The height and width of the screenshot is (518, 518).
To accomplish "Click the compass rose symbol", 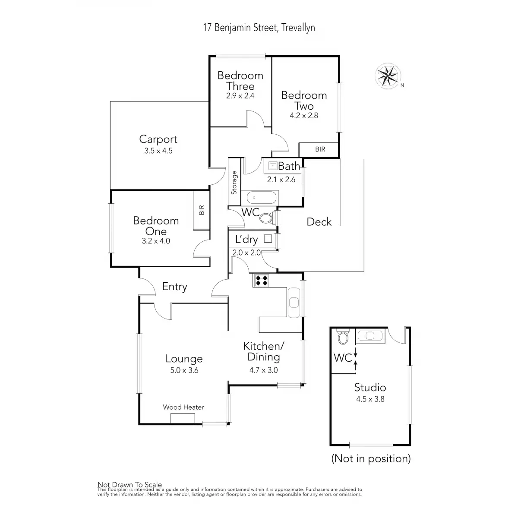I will point(388,76).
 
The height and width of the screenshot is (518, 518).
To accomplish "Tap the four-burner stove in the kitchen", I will point(261,281).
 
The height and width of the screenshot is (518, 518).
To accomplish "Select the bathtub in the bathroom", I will point(261,198).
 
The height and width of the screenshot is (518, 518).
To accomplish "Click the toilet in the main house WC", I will point(266,218).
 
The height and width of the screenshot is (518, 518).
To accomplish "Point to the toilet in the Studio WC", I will point(343,337).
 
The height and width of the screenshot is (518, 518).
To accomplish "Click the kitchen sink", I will point(294,302).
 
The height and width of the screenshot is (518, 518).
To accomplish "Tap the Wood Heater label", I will point(183,407).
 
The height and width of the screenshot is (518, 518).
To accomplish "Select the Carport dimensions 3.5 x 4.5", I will point(158,151).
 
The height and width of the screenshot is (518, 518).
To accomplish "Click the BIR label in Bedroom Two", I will point(320,149).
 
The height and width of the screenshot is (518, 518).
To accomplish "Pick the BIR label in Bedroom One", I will point(202,210).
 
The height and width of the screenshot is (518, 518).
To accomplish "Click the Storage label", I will point(234,183).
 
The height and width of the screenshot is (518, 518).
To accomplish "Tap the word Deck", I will point(319,222).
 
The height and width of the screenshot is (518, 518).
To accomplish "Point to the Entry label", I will point(174,287).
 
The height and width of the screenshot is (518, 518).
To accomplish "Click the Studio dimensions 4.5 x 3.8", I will point(370,399).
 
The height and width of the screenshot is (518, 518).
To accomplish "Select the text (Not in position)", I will point(371,458).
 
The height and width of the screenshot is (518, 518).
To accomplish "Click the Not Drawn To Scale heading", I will point(129,485).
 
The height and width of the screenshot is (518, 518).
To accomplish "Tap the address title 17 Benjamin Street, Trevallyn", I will point(259,28).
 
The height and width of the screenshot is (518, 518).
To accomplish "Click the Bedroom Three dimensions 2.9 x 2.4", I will point(240,96).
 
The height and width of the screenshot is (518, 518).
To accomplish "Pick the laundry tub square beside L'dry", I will point(268,238).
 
